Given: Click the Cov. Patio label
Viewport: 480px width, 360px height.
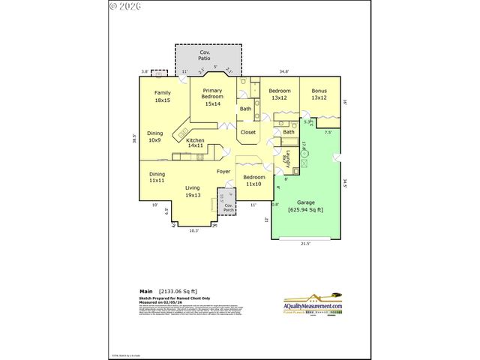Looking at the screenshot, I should coord(204,55).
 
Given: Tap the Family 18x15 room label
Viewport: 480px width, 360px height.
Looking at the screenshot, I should coord(163,96).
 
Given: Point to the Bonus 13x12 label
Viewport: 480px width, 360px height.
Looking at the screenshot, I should coord(319,94).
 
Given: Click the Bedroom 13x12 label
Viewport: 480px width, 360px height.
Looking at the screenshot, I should coord(280,94).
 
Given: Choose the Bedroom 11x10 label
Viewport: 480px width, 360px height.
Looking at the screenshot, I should coord(253,180).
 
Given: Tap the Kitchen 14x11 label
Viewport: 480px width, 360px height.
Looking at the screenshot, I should coord(195,143).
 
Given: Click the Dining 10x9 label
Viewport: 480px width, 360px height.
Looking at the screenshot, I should coord(154,136).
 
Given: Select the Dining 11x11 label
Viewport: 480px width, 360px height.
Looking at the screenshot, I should coord(157,177).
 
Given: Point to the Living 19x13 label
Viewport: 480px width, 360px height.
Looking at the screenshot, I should coord(193,191).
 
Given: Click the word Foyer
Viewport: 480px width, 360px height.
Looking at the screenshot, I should coord(223,172).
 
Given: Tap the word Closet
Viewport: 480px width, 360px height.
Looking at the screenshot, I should coord(247,133).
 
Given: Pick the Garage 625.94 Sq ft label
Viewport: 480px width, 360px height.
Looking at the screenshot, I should coord(305,206).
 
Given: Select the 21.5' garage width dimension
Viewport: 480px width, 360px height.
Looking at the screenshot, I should coord(304,244).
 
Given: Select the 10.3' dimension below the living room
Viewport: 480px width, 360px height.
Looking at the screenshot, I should coord(193,230).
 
